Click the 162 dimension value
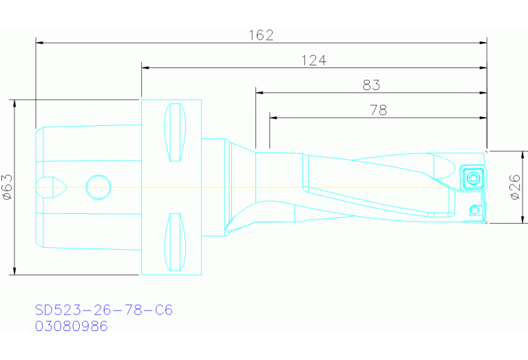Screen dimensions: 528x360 261,35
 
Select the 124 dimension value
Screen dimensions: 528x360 313,61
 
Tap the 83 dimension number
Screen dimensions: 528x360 372,85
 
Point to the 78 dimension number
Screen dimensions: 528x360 379,110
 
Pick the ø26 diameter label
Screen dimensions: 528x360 515,187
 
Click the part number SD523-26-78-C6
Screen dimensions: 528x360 104,310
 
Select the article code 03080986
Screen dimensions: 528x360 72,326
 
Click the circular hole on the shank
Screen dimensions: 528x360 98,187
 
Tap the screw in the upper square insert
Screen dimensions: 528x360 473,178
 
